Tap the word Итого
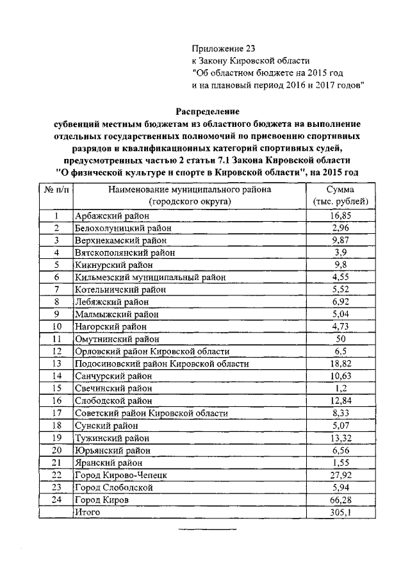(88, 511)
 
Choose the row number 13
(56, 363)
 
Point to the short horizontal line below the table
(207, 529)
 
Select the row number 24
(56, 499)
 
